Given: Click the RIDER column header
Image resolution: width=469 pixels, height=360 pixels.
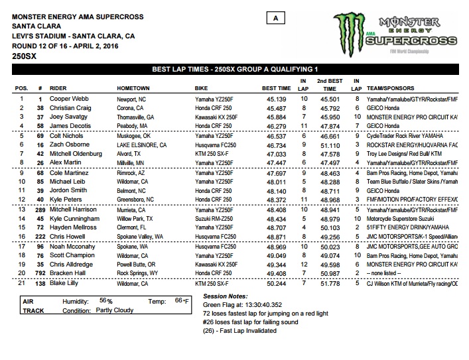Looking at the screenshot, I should pos(61,88).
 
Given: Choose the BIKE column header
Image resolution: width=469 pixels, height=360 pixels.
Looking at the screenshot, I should pos(202,88).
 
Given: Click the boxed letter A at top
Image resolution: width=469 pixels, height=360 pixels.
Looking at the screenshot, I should pos(275,19).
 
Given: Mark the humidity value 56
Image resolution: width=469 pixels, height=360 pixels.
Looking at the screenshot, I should pos(101,300).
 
